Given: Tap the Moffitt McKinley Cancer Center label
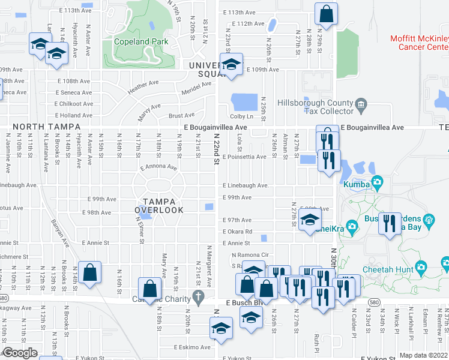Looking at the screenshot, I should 419,42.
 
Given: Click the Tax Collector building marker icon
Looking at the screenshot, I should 361,106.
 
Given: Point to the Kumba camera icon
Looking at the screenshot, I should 378,182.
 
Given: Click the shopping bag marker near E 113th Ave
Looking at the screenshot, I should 326,16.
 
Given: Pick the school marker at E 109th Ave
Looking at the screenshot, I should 230,65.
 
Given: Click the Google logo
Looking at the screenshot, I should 20,353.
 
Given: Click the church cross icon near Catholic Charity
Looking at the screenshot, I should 199,296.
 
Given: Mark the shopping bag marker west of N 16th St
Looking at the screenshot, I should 89,274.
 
